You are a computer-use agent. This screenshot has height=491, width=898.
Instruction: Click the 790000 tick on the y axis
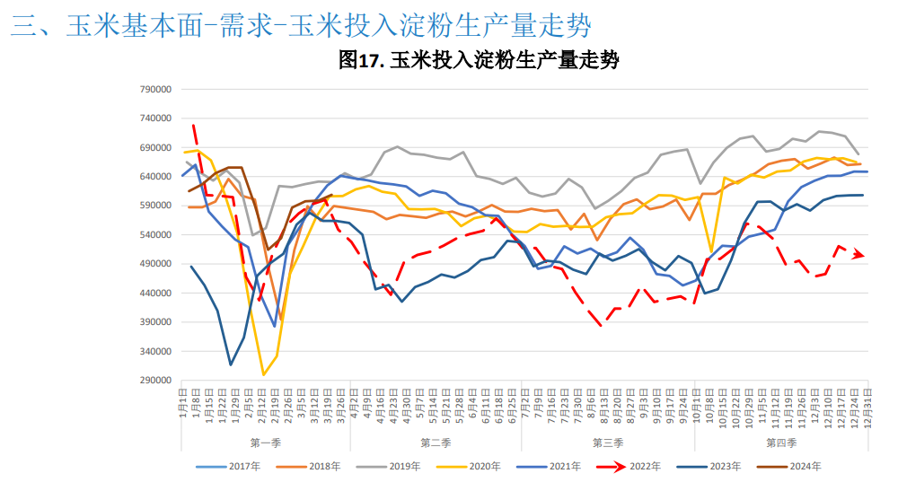[x=155, y=90]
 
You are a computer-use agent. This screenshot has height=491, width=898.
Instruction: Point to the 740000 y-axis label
[x=155, y=118]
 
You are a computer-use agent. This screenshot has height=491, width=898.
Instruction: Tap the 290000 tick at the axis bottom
[x=155, y=381]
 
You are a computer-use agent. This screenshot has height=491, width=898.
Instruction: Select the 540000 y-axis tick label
[x=155, y=235]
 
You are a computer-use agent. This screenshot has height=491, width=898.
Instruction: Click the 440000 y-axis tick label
[x=155, y=294]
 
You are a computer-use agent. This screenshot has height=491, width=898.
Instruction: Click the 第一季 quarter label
[x=265, y=443]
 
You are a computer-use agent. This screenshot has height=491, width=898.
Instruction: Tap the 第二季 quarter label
[x=436, y=443]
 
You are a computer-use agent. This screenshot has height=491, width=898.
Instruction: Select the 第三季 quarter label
[x=608, y=443]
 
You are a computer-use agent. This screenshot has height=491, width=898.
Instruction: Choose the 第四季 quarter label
[x=781, y=443]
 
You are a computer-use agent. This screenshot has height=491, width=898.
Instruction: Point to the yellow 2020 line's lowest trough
[x=263, y=374]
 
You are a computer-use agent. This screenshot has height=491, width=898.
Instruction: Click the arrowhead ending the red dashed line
[x=860, y=255]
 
